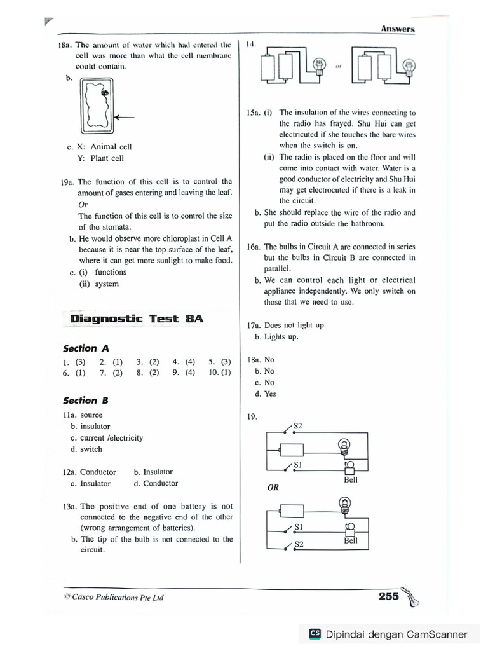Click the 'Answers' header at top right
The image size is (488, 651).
pos(398,29)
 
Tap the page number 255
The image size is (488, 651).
pos(388,596)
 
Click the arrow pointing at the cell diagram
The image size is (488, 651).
pos(126,117)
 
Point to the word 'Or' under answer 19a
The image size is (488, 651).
pos(83,205)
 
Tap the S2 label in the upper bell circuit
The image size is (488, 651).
pos(298,425)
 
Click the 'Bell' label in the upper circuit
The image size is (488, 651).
pos(351,480)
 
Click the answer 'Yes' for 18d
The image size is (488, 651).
pos(270,394)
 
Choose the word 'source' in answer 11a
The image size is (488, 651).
pos(91,415)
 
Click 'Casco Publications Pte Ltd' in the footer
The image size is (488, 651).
pos(118,598)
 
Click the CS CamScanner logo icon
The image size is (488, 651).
pos(314,634)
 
